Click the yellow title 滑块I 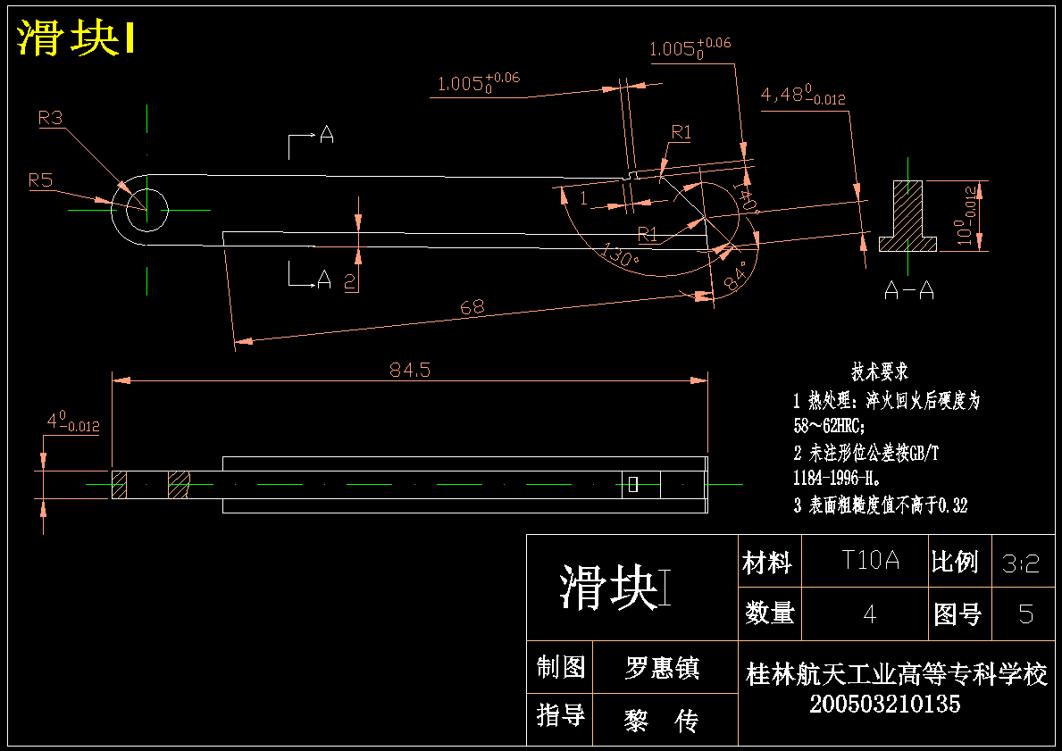[x=76, y=38]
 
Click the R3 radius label [x=50, y=119]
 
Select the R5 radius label [x=40, y=180]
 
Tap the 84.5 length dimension [x=410, y=370]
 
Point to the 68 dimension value [x=472, y=307]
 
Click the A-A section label [x=909, y=290]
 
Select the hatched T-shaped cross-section [x=907, y=215]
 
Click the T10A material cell [x=870, y=560]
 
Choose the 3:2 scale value [x=1021, y=563]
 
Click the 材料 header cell [x=767, y=562]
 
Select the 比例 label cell [x=955, y=562]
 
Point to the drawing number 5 [x=1026, y=614]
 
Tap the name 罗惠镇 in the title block [x=662, y=668]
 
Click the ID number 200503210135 [x=884, y=705]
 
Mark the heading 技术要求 [x=880, y=371]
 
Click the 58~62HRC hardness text [x=829, y=426]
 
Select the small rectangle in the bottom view [x=633, y=484]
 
